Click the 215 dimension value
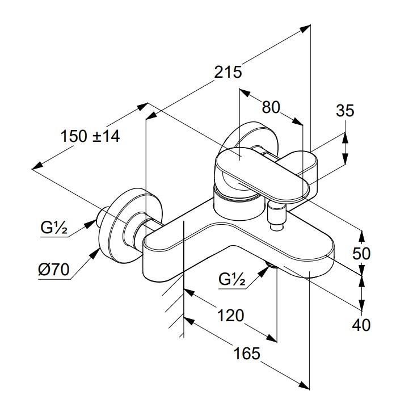pos(228,72)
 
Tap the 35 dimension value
pos(344,110)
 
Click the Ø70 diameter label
pos(54,270)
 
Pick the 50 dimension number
pos(361,253)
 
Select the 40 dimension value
pos(361,325)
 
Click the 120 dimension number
pos(230,315)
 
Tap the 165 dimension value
pos(247,353)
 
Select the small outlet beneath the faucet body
pos(271,263)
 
